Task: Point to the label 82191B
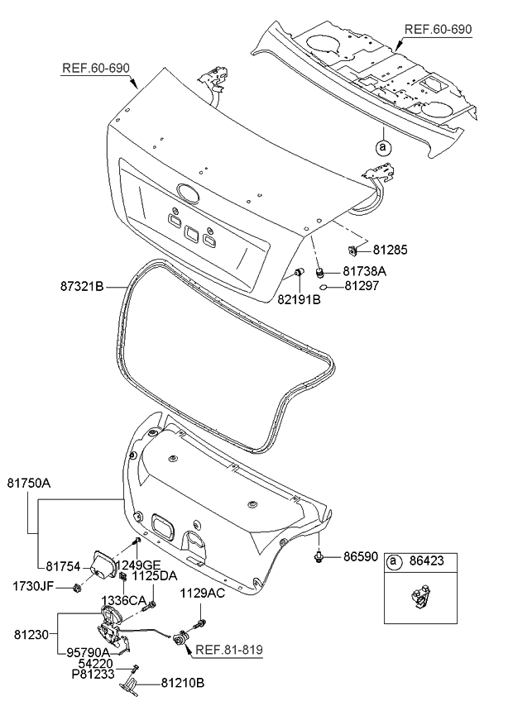click(x=298, y=299)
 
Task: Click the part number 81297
click(x=362, y=286)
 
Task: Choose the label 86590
click(x=361, y=558)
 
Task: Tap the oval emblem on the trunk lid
click(x=188, y=195)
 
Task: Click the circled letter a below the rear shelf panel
click(x=382, y=147)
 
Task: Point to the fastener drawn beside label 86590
click(x=319, y=558)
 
